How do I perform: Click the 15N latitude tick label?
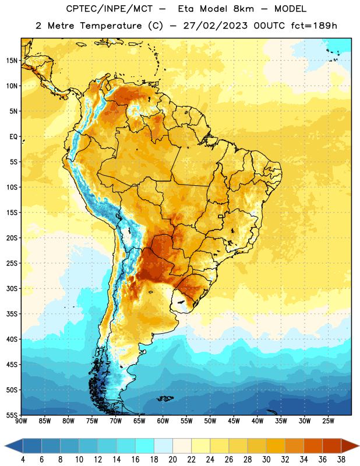(x=12, y=61)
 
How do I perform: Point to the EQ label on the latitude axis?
(x=13, y=137)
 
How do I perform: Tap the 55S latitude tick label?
(x=12, y=415)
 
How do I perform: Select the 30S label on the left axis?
(x=12, y=288)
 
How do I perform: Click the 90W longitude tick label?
(x=21, y=421)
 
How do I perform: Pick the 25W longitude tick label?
(x=328, y=421)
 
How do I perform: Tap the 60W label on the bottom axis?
(x=163, y=421)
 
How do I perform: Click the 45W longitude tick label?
(x=234, y=421)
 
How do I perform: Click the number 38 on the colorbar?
(x=341, y=460)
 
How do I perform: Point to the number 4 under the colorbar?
(x=23, y=460)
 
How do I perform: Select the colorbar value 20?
(x=172, y=460)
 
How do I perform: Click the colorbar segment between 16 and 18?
(x=145, y=446)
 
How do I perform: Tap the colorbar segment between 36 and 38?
(x=332, y=446)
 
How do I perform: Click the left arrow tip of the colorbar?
(x=5, y=446)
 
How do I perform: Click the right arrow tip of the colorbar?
(x=359, y=446)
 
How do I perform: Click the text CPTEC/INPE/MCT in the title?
(x=110, y=9)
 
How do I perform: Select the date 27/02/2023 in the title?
(x=215, y=26)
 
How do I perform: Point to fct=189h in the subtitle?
(x=314, y=26)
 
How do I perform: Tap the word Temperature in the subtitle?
(x=111, y=26)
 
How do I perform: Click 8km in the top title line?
(x=243, y=9)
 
